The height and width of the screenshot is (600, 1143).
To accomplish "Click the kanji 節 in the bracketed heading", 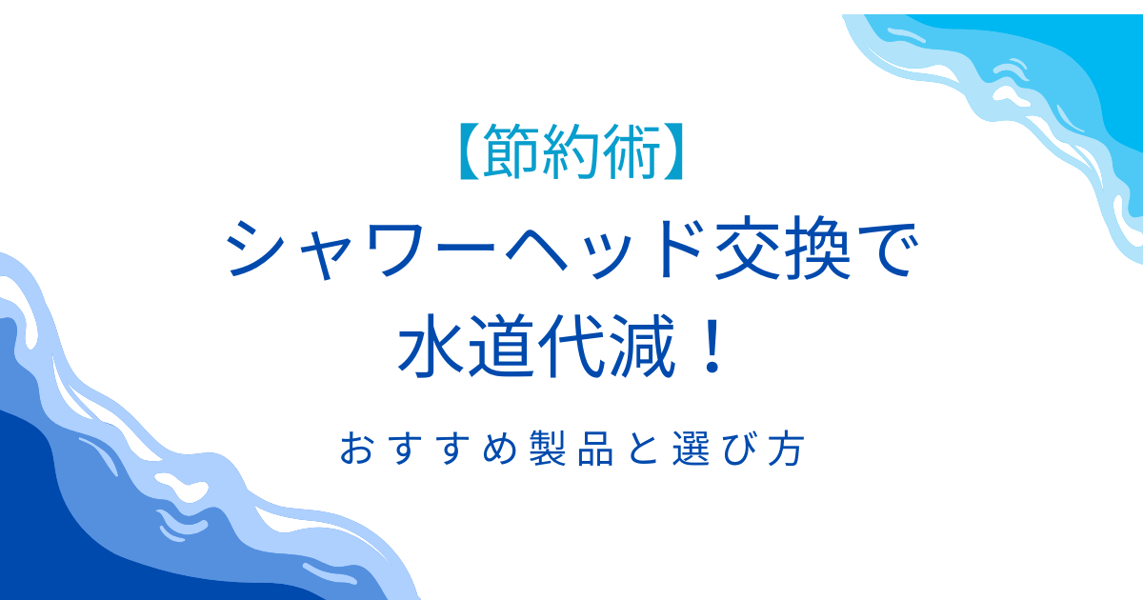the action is coord(511,151).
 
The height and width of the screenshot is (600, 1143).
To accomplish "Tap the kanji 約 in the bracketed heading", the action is coord(571,151).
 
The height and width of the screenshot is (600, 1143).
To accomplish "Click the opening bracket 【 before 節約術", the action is coord(470,151).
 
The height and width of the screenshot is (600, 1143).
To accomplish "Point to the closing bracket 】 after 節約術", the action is coord(673,151).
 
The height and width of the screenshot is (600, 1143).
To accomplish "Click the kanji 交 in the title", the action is coord(748,249).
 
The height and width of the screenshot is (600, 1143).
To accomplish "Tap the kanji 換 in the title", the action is coord(817,249).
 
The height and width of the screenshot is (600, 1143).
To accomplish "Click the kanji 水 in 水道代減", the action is coord(431,346).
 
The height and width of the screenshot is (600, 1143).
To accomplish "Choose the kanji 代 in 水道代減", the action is coord(571,346).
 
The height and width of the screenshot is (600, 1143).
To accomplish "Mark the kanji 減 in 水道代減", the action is coord(642,346).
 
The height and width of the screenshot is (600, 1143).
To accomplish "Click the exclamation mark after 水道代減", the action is coord(712,345).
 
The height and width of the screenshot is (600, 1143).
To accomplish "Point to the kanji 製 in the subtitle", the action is coord(548,448).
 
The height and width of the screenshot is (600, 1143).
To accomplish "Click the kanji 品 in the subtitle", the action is coord(595,448).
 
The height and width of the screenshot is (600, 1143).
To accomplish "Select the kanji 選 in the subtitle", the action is coord(691,448).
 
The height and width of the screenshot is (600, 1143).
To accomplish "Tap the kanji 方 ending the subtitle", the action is coord(787,448).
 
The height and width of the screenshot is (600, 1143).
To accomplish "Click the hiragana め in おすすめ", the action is coord(500,448).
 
